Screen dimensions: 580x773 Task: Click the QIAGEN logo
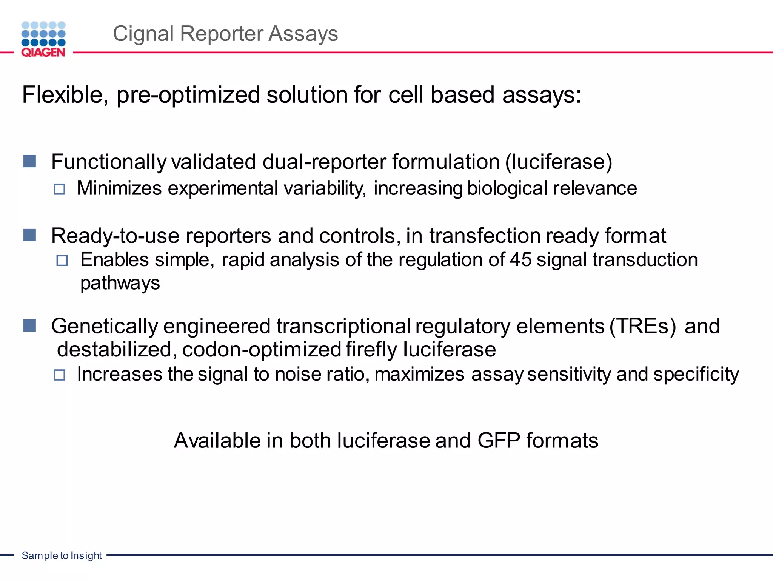point(43,39)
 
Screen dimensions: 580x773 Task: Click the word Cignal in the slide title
point(143,34)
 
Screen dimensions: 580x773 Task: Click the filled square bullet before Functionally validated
point(29,161)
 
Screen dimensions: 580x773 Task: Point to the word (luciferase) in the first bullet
point(559,162)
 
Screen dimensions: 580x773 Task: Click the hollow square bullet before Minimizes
point(59,189)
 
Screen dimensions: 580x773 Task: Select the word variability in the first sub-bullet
point(325,188)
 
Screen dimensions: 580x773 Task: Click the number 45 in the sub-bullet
point(521,260)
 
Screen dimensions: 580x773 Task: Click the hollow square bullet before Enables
point(62,261)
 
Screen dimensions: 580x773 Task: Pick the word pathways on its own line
point(120,283)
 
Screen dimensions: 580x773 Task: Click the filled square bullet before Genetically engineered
point(29,325)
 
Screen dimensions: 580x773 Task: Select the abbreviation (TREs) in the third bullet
point(643,326)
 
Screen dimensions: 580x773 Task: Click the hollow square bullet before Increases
point(59,375)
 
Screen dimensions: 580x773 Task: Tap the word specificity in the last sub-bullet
point(696,375)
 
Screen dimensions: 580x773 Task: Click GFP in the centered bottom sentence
point(499,441)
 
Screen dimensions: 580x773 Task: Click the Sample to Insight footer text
point(62,555)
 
